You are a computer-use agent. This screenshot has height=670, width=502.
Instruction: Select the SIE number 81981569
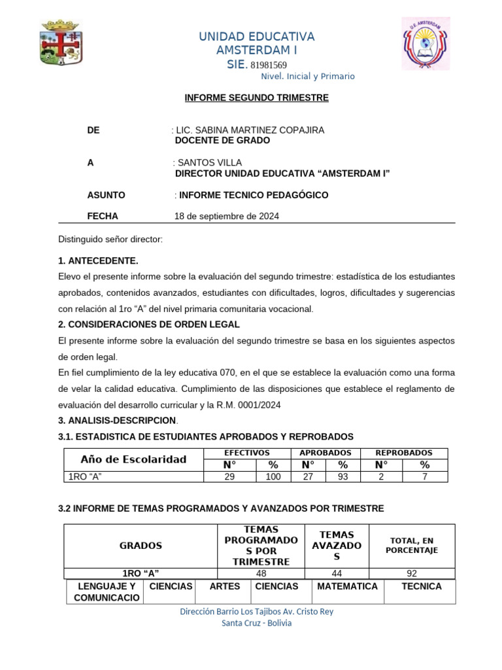pos(269,65)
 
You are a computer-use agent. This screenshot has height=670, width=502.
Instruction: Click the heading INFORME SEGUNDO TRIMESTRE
pos(256,98)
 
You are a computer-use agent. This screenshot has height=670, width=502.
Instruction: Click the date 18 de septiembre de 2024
pos(226,217)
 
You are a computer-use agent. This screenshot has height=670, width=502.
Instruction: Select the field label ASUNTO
pos(106,195)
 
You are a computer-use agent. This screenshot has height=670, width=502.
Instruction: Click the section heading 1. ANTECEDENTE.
pos(98,261)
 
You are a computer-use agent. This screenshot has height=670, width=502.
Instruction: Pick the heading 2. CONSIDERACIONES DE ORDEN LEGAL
pos(149,325)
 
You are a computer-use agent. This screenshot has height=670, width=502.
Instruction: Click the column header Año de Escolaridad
pos(133,459)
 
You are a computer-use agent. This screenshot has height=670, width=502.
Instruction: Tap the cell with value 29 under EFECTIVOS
pos(229,477)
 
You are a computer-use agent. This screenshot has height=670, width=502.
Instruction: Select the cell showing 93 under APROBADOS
pos(343,477)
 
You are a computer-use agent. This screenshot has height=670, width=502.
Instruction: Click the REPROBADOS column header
pos(403,453)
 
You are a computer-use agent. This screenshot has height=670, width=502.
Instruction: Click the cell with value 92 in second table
pos(412,574)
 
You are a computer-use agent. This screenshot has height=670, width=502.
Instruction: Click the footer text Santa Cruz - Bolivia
pos(257,623)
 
